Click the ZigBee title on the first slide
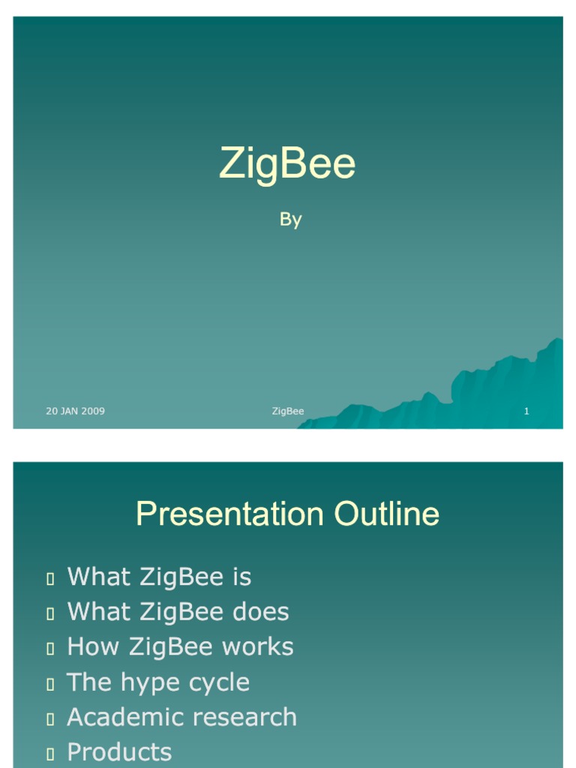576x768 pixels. click(x=287, y=164)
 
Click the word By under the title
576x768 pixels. click(x=290, y=219)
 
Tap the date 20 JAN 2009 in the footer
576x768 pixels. click(x=75, y=411)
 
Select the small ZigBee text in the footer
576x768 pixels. click(x=288, y=411)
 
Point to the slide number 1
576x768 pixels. click(x=526, y=411)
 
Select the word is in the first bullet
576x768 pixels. click(x=241, y=577)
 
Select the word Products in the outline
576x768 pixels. click(x=119, y=752)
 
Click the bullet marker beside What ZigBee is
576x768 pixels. click(x=50, y=578)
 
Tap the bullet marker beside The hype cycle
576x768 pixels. click(x=50, y=684)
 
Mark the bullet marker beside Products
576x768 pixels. click(x=50, y=754)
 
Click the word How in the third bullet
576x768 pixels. click(x=91, y=646)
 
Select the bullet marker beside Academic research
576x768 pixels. click(x=50, y=719)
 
